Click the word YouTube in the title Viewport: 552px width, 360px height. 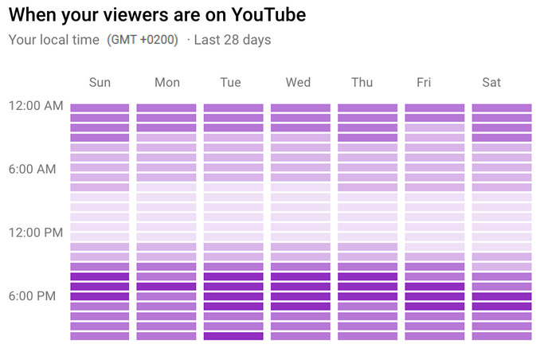point(264,14)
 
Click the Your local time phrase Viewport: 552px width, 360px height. point(54,40)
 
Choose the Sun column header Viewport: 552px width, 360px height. point(100,82)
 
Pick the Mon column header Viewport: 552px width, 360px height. point(166,82)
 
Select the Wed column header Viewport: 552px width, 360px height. point(299,82)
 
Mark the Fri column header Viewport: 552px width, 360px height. point(424,82)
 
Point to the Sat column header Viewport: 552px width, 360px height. point(492,82)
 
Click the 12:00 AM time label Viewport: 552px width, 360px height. point(35,106)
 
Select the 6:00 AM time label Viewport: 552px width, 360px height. point(33,170)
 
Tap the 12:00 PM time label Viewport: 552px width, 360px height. point(35,233)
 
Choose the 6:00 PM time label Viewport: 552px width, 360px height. point(33,296)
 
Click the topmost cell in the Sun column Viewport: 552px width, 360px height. point(100,108)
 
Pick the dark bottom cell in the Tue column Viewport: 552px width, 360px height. point(233,336)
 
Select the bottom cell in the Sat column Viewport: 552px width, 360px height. point(502,336)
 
